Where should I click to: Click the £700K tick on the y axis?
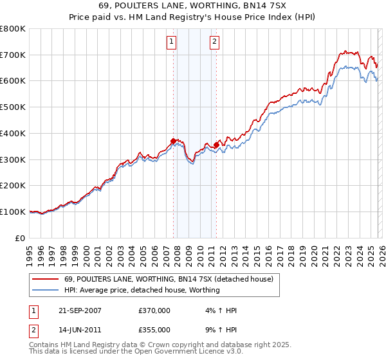pyautogui.click(x=13, y=55)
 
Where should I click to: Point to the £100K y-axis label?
pyautogui.click(x=13, y=212)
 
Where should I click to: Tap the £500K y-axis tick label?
pyautogui.click(x=13, y=107)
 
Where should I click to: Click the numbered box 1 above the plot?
pyautogui.click(x=172, y=43)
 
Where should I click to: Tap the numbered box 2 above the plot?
pyautogui.click(x=214, y=43)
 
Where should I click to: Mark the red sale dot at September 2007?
pyautogui.click(x=173, y=141)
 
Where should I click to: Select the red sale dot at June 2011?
pyautogui.click(x=216, y=145)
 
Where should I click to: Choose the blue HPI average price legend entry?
pyautogui.click(x=142, y=290)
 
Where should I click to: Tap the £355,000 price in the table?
pyautogui.click(x=154, y=330)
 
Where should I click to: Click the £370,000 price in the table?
pyautogui.click(x=154, y=310)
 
